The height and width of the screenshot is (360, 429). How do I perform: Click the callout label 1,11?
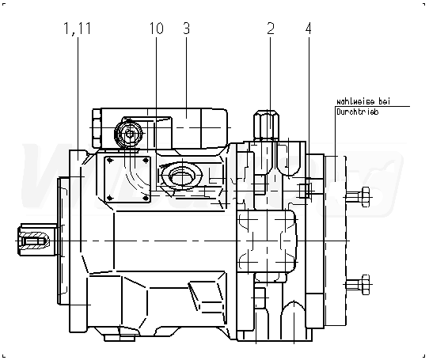pos(77,28)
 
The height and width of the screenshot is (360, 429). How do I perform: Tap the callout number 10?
pos(157,28)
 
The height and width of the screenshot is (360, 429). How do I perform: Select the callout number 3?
pos(186,28)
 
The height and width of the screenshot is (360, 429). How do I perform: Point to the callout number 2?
pos(271,28)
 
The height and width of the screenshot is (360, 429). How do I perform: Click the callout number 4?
pos(309,28)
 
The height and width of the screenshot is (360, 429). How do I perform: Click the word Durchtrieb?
pos(358,112)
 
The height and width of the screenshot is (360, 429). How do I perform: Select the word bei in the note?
pos(384,101)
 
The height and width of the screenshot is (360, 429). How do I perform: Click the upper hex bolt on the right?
pos(358,197)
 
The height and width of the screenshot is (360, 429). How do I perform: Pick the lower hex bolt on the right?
pos(358,285)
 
